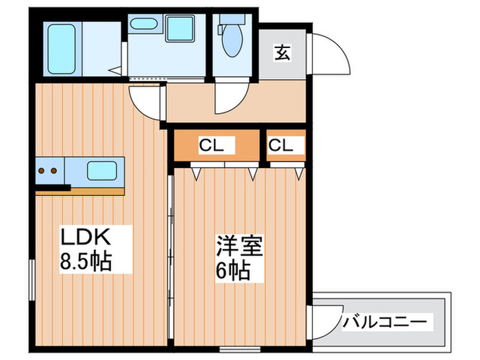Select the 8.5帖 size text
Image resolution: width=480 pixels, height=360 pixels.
tap(86, 262)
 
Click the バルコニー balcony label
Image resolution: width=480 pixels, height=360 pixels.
tap(385, 320)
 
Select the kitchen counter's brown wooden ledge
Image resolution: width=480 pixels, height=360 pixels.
tap(80, 190)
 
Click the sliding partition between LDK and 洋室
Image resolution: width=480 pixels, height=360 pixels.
tap(171, 261)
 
